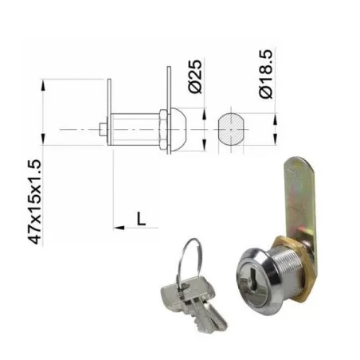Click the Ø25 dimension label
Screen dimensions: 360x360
pos(196,76)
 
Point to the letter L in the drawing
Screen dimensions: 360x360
pos(141,217)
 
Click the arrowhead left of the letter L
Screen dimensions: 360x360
pos(119,227)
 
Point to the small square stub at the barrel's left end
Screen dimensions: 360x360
pos(102,129)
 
